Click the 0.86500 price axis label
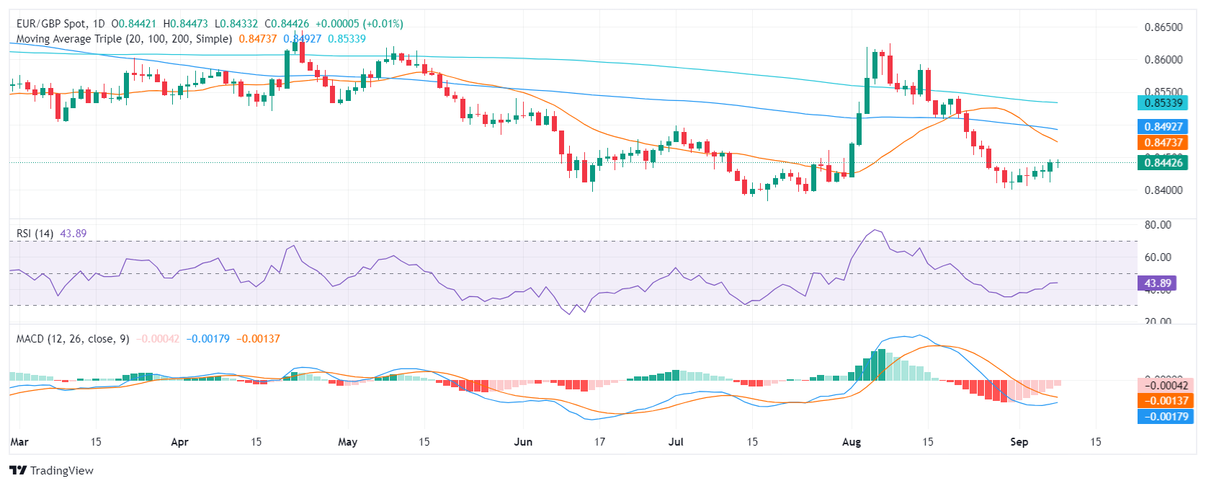(x=1163, y=27)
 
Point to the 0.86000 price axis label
(x=1163, y=60)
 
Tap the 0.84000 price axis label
(x=1163, y=190)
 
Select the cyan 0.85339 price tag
(x=1163, y=103)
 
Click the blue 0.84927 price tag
(x=1163, y=127)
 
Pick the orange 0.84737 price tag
(x=1163, y=143)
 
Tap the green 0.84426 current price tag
(x=1163, y=163)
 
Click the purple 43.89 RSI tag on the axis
(x=1158, y=283)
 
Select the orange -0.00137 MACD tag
(x=1165, y=401)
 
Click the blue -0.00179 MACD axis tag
(x=1165, y=417)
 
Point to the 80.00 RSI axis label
(x=1158, y=225)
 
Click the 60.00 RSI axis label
(x=1158, y=257)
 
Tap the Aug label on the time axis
(x=852, y=442)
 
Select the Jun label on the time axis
(x=523, y=442)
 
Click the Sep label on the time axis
(x=1019, y=442)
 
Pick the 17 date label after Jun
(x=599, y=442)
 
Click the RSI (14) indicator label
(x=35, y=234)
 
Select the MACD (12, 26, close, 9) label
(x=73, y=339)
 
